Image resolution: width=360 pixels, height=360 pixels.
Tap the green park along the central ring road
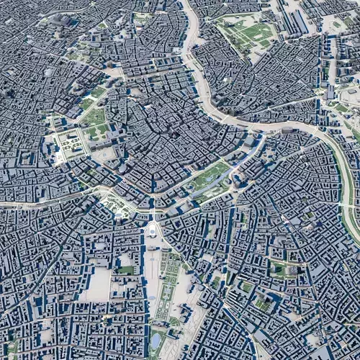tap(210, 176)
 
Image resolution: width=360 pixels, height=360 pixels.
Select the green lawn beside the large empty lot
tap(125, 271)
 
